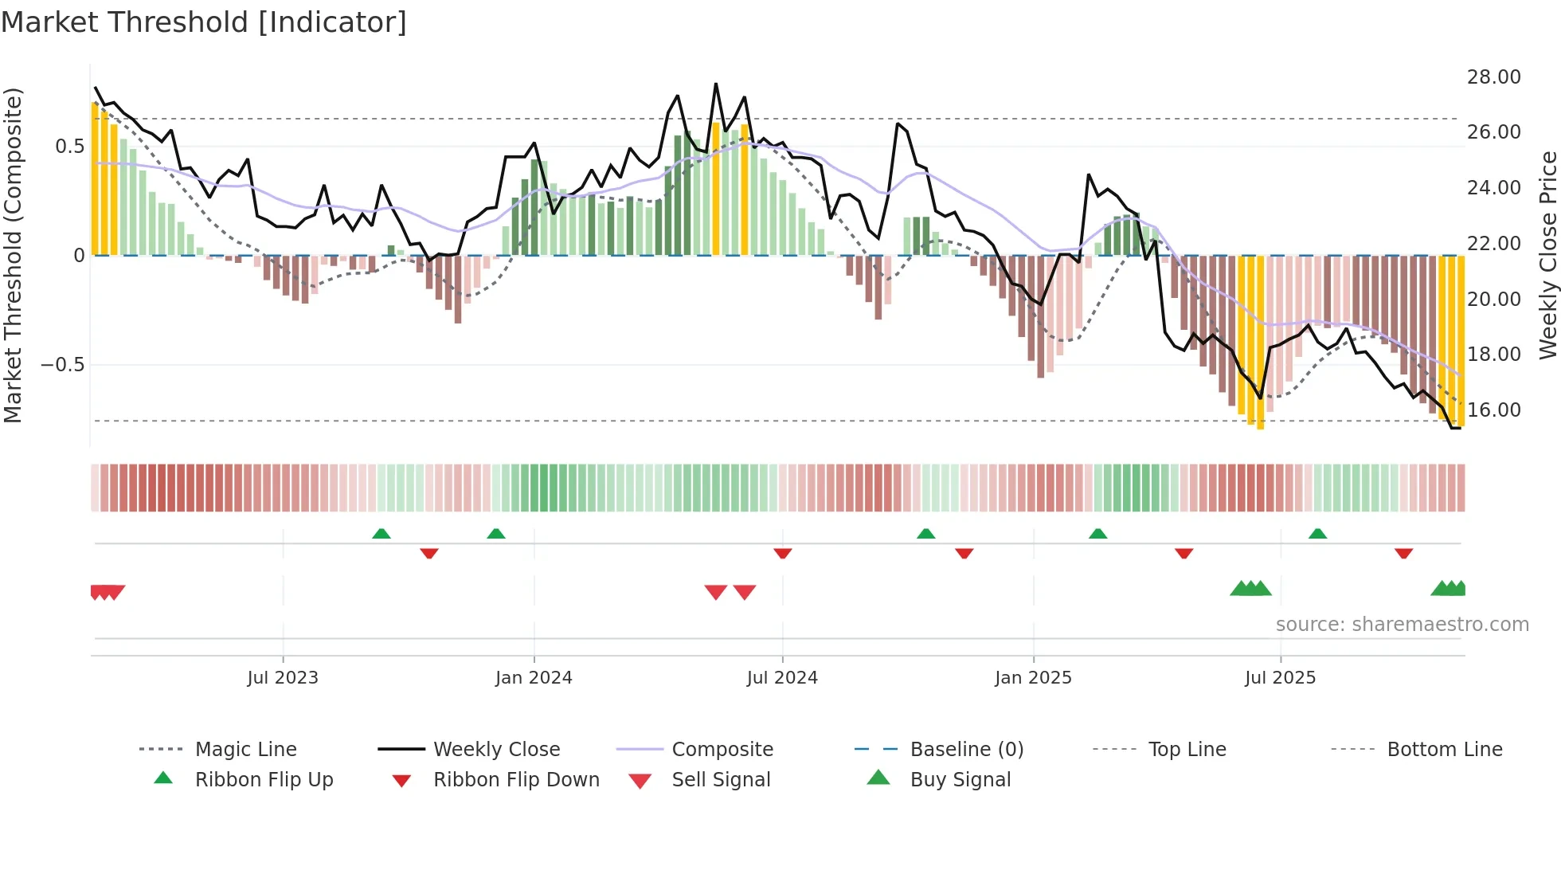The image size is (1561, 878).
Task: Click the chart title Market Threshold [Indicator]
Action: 204,22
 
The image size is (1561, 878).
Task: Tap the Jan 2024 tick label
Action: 534,678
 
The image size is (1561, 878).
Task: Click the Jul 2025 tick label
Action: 1280,678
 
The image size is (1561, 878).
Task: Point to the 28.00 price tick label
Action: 1493,77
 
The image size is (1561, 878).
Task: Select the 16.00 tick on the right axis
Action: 1493,410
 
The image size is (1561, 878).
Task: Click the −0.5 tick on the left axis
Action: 62,365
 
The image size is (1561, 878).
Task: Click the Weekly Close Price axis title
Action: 1547,255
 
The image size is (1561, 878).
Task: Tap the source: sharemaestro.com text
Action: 1402,625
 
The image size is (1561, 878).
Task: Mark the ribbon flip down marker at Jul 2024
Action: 783,553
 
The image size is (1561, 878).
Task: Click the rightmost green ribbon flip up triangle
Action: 1317,534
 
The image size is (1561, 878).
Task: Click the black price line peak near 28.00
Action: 715,84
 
